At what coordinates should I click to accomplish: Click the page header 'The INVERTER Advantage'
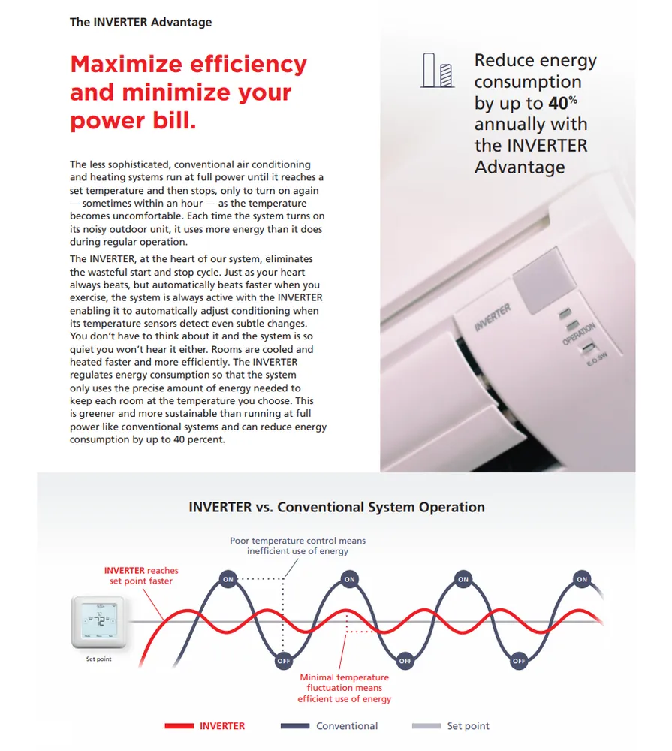click(x=140, y=22)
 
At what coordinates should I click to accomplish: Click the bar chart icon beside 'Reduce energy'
click(x=438, y=70)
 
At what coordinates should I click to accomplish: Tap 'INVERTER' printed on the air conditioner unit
click(x=493, y=318)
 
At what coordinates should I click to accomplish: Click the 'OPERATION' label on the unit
click(x=579, y=333)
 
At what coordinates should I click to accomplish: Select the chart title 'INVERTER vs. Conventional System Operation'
click(x=336, y=508)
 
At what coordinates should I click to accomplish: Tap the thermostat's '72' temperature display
click(x=98, y=621)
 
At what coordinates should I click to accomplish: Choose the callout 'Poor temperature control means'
click(x=297, y=541)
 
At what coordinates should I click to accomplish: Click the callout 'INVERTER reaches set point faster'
click(x=141, y=576)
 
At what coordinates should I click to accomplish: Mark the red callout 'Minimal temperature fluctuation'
click(x=344, y=677)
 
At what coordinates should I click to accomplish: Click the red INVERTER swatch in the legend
click(x=179, y=726)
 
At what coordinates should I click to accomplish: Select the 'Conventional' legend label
click(x=347, y=726)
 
